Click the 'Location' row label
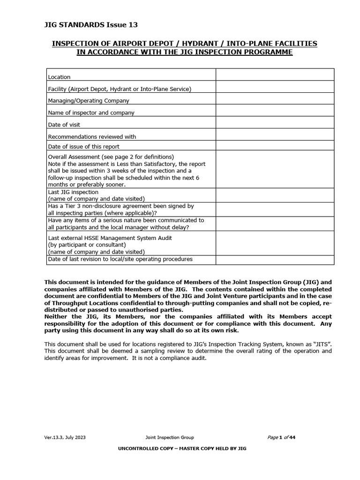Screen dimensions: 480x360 pyautogui.click(x=59, y=77)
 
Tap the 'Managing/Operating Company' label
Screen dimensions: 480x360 pyautogui.click(x=89, y=101)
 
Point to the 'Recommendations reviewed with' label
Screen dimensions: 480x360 pyautogui.click(x=92, y=137)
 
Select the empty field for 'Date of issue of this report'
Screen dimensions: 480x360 pyautogui.click(x=275, y=145)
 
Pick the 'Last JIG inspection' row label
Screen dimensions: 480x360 pyautogui.click(x=73, y=192)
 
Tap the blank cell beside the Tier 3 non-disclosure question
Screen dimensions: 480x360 pyautogui.click(x=275, y=210)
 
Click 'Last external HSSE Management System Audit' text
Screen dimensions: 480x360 pyautogui.click(x=110, y=238)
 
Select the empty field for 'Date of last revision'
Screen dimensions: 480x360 pyautogui.click(x=275, y=260)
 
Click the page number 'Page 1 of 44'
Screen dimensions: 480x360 pyautogui.click(x=281, y=438)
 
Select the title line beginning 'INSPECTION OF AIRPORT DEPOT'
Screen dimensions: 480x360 pyautogui.click(x=184, y=44)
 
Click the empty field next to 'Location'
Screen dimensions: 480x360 pyautogui.click(x=275, y=75)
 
